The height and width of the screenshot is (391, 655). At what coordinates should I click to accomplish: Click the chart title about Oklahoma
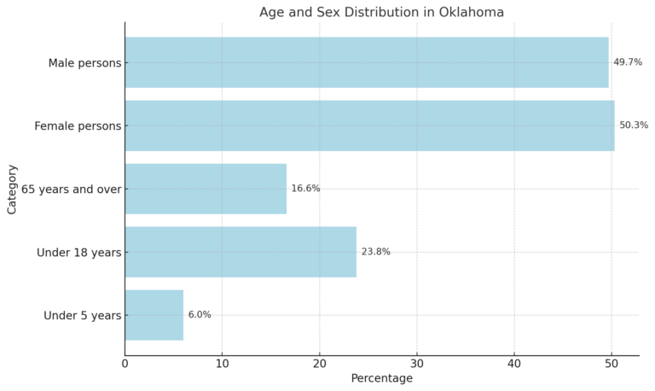click(x=381, y=12)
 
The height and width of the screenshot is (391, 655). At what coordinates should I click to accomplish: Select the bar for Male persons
click(x=367, y=62)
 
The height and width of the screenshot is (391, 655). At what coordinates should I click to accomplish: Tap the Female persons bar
click(x=369, y=125)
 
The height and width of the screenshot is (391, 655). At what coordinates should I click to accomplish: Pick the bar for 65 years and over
click(x=206, y=189)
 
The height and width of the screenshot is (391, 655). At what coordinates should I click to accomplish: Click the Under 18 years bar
click(x=241, y=252)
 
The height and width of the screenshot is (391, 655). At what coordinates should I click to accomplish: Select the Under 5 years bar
click(x=154, y=315)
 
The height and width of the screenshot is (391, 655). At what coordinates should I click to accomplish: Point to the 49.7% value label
click(x=628, y=62)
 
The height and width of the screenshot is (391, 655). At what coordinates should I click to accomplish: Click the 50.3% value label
click(x=634, y=125)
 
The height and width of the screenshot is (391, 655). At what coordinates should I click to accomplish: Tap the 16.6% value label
click(x=305, y=189)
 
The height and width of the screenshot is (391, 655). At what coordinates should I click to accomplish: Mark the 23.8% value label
click(x=375, y=252)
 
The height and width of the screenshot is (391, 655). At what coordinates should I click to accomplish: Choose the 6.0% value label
click(x=200, y=315)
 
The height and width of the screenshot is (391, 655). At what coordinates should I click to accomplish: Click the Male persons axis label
click(x=84, y=62)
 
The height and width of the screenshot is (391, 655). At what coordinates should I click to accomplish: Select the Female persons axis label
click(x=78, y=125)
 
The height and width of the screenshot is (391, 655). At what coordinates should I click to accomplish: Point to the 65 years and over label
click(x=72, y=189)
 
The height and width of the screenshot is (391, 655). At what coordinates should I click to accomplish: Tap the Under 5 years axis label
click(x=83, y=315)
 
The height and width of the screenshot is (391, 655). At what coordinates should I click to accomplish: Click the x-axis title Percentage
click(x=381, y=378)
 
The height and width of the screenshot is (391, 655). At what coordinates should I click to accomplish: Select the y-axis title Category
click(x=12, y=189)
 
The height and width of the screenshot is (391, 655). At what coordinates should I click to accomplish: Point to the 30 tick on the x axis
click(x=416, y=363)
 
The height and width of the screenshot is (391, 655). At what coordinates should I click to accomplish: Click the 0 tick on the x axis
click(x=125, y=363)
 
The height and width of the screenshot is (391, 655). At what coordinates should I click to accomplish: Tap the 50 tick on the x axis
click(x=611, y=363)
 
